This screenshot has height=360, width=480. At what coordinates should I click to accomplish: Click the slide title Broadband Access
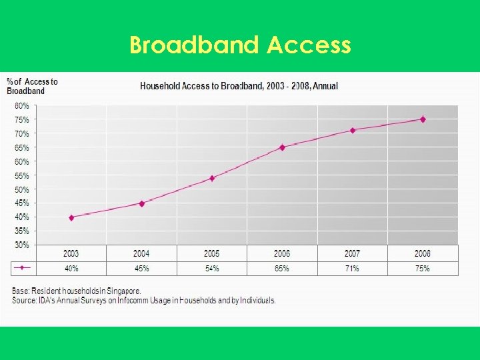point(240,45)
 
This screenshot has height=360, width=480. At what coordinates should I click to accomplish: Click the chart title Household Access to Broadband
point(238,86)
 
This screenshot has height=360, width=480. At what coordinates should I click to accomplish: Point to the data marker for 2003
point(71,217)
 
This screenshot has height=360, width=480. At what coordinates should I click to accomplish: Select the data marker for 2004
point(141,203)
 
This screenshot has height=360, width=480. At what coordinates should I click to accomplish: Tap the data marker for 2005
point(212,178)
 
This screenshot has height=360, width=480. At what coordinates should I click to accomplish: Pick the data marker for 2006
point(282,147)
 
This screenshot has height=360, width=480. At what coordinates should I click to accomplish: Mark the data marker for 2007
point(353,130)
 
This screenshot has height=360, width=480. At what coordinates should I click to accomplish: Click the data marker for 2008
point(423,119)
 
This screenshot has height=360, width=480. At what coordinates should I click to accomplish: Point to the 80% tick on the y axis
point(21,106)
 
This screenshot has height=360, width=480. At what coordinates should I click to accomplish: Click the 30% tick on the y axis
point(21,245)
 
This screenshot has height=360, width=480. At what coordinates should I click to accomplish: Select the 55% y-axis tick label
point(21,175)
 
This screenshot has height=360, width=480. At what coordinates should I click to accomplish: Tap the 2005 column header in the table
point(212,253)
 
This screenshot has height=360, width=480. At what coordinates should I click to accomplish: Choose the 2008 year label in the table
point(423,253)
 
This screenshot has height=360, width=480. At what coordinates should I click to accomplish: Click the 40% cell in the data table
point(71,269)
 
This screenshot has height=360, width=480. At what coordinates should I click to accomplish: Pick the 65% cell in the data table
point(282,269)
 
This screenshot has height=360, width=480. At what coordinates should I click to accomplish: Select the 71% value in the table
point(353,269)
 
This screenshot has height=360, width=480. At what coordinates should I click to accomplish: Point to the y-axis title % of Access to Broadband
point(32,86)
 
